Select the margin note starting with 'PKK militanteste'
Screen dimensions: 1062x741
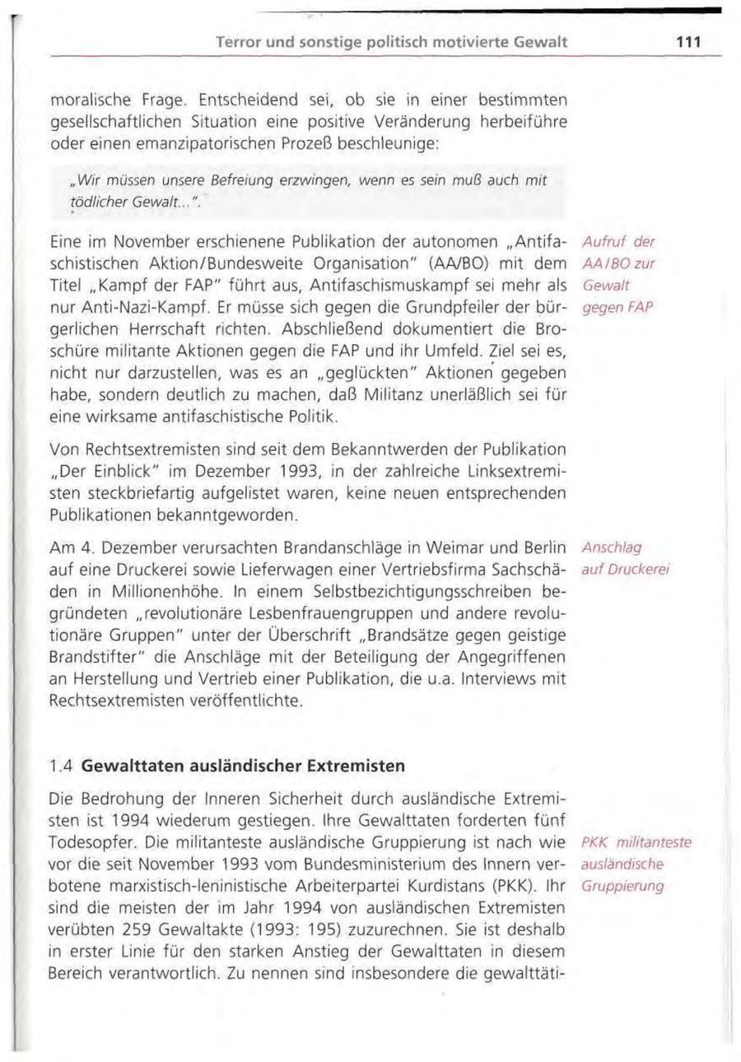pos(635,865)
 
